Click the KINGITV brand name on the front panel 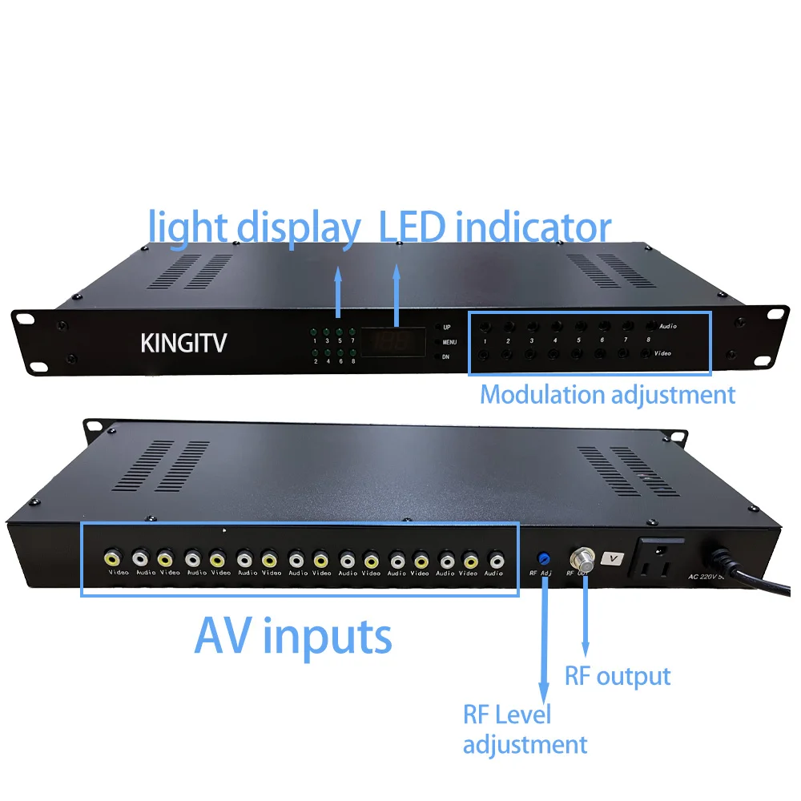183,343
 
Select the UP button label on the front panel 448,328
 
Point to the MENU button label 449,342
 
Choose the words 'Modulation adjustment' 607,395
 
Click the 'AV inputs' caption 293,637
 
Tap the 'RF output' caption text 618,676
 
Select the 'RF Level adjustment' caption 525,729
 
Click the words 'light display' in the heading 254,227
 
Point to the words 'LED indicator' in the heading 495,227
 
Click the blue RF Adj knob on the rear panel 545,557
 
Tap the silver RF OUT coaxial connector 579,557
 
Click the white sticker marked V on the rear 613,557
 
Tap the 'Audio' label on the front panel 667,327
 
